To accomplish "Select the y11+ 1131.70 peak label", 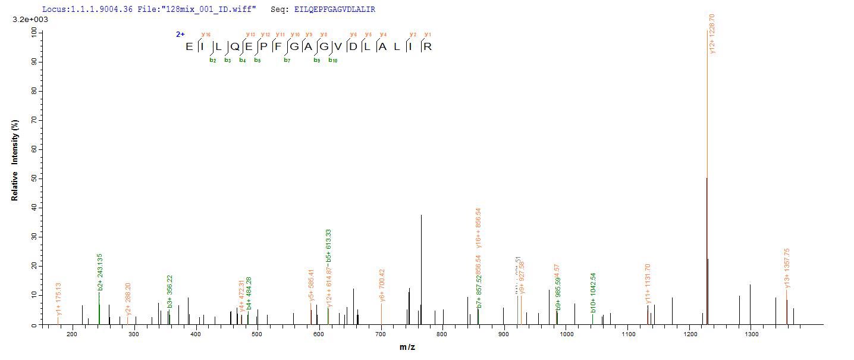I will point(648,284).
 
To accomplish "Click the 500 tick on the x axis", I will point(257,334).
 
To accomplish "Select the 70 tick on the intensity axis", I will point(33,120).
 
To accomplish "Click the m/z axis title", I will point(407,347).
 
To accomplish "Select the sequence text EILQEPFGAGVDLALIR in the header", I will point(334,10).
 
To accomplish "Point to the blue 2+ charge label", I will point(180,35).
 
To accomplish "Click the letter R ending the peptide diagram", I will point(428,46).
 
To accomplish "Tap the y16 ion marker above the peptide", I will point(206,35).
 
